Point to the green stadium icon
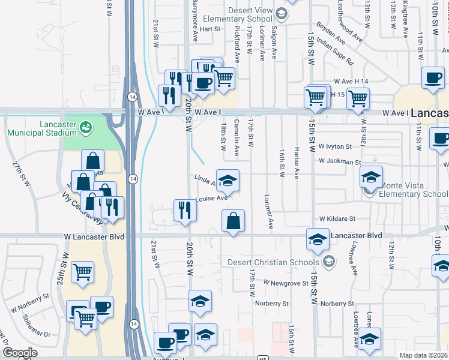[88, 127]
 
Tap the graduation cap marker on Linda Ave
[228, 181]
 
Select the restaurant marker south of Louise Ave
[185, 210]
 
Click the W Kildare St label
[337, 219]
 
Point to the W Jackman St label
[339, 161]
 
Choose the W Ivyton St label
[334, 146]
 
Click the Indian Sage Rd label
[336, 52]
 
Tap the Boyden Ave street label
[332, 35]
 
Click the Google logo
[20, 353]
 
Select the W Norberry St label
[30, 297]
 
